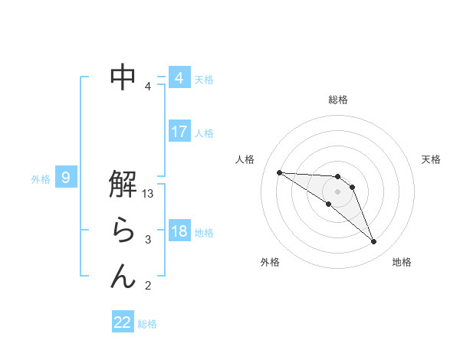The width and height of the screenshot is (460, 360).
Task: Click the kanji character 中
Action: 123,77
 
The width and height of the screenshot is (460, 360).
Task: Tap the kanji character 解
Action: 123,185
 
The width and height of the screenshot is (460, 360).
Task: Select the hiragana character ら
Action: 123,231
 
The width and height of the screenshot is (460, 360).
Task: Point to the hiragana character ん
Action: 123,276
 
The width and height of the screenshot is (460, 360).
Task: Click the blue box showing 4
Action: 179,78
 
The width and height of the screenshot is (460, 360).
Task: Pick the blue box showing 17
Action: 179,132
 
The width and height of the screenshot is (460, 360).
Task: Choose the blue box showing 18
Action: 179,231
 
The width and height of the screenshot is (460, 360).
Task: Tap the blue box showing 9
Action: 66,178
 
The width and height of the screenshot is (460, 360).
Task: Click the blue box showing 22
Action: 123,322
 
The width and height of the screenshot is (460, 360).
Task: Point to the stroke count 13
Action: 149,195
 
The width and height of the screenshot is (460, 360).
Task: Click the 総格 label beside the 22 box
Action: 148,324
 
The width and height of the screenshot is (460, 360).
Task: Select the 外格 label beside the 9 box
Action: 41,179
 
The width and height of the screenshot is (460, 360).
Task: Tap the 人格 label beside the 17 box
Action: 205,133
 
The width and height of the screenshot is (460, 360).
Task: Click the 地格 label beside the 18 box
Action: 205,233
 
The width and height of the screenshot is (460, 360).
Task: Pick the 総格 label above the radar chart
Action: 338,100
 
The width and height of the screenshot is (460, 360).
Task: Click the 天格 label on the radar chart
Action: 432,159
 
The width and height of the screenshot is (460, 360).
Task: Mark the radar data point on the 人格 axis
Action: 279,172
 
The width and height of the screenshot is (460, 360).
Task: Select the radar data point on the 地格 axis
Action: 374,242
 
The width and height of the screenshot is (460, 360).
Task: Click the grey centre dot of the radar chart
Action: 338,191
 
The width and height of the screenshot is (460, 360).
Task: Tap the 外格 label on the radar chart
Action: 270,262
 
